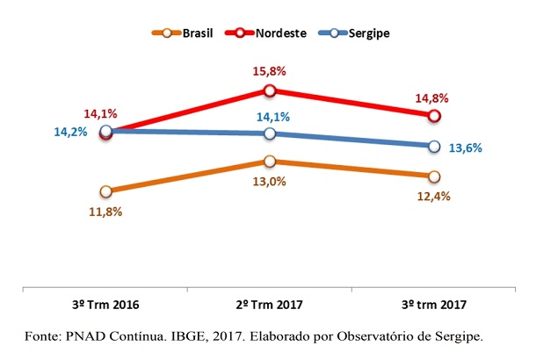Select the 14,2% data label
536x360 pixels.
point(70,134)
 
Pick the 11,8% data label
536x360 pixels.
point(105,212)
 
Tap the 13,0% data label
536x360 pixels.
point(271,182)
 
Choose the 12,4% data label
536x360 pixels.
point(433,196)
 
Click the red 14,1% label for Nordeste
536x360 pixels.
point(100,112)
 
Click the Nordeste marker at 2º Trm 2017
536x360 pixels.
point(270,90)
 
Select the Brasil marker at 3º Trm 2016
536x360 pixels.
point(106,191)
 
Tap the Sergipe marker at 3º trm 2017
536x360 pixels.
point(433,146)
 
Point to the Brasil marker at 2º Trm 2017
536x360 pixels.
point(270,162)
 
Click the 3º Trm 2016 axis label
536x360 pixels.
point(105,305)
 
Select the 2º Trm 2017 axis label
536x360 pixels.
point(270,305)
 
